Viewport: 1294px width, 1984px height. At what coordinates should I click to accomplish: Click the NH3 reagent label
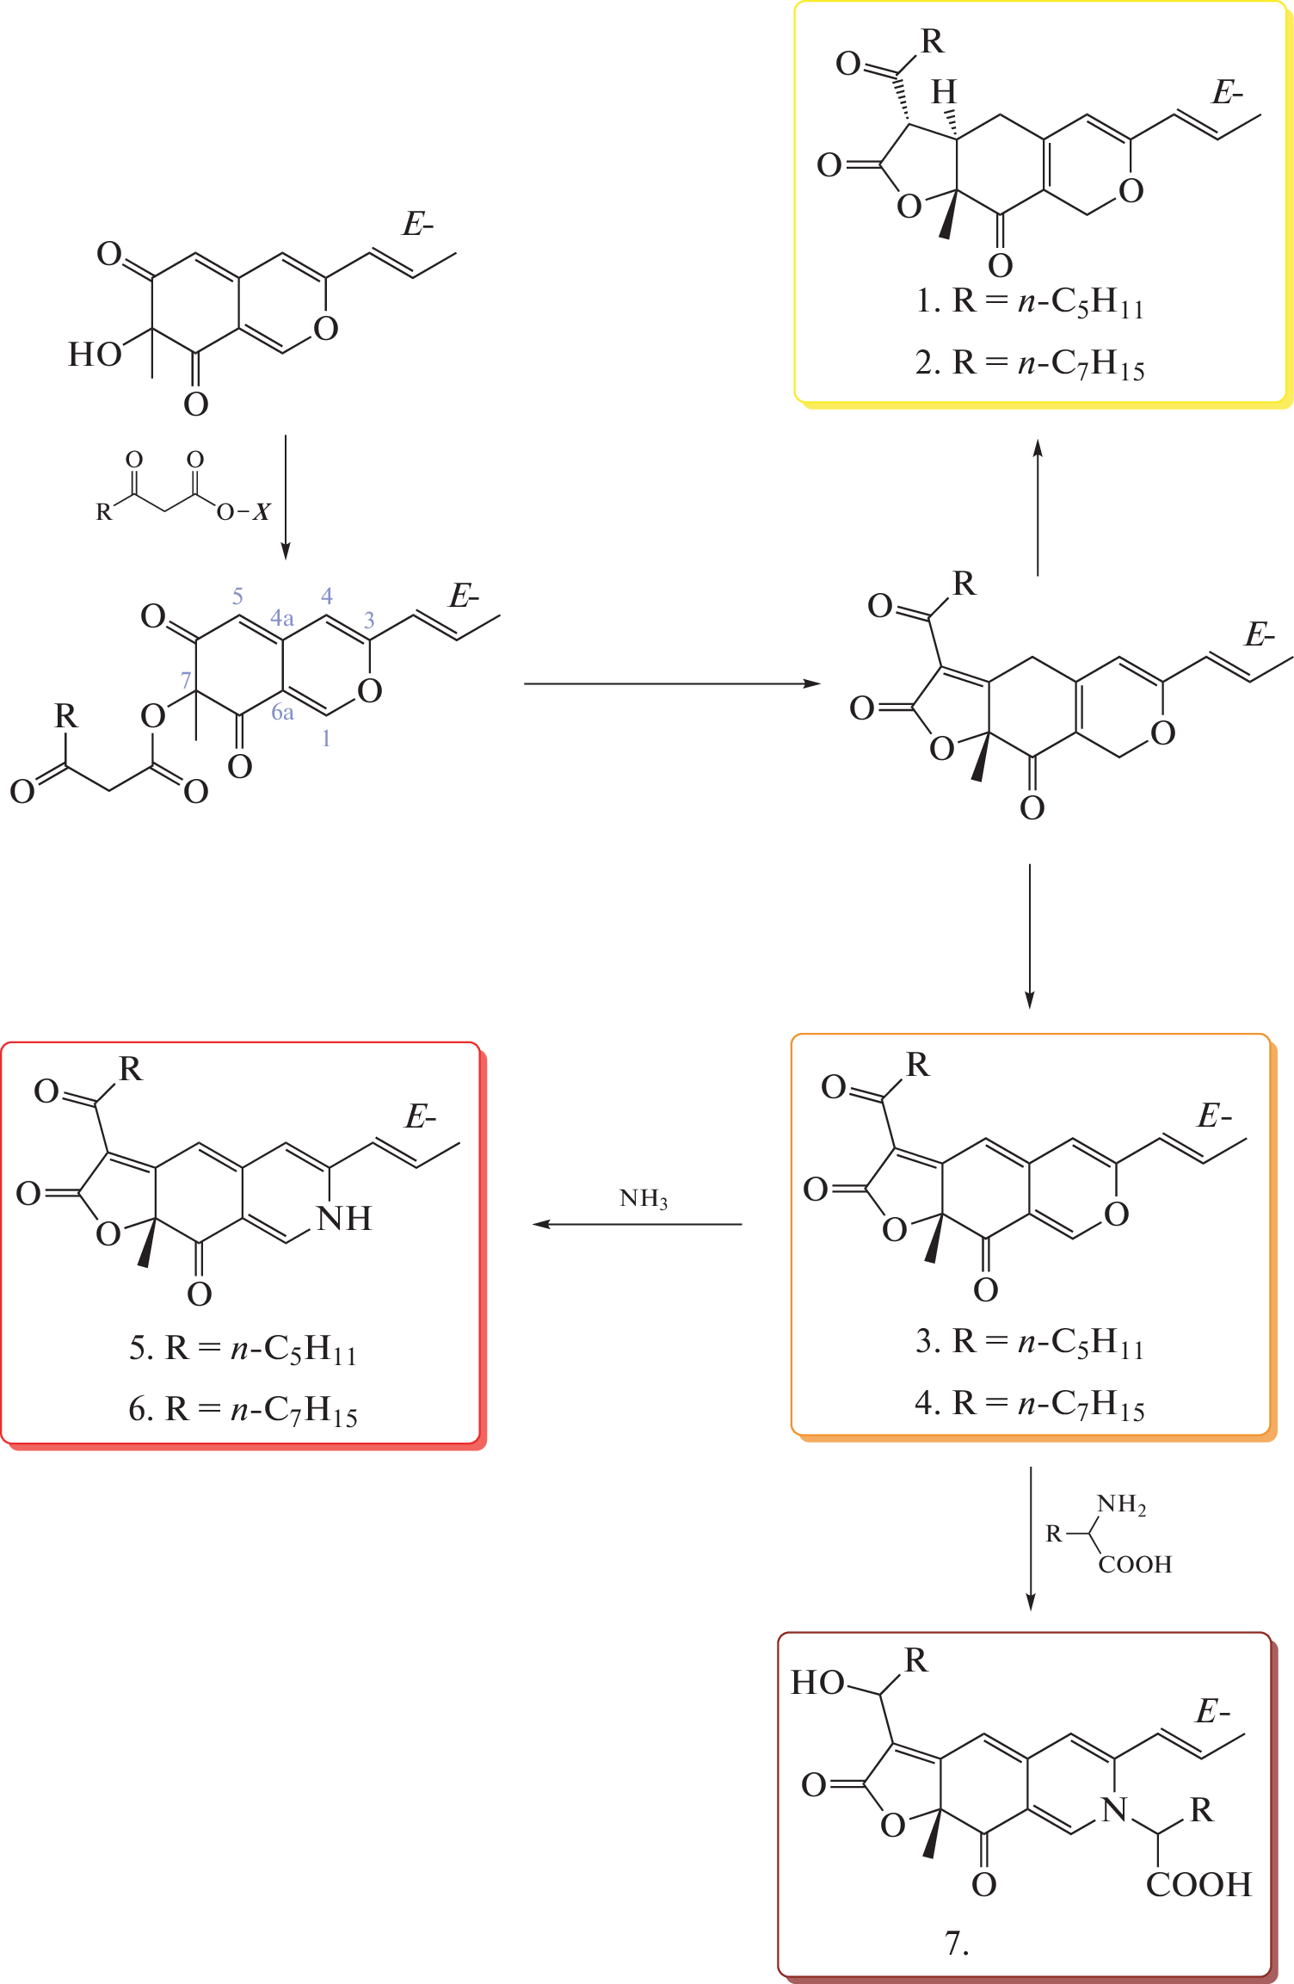click(644, 1199)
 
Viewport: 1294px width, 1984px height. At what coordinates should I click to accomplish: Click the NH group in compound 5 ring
click(344, 1219)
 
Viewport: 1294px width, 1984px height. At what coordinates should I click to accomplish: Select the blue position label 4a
click(282, 617)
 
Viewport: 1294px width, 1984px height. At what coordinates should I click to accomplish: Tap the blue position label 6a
click(282, 712)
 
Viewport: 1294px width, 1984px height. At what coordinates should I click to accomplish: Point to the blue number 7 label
click(185, 680)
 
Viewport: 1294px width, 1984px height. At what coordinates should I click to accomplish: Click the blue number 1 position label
click(326, 739)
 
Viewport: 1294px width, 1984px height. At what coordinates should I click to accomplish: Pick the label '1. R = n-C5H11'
click(1030, 302)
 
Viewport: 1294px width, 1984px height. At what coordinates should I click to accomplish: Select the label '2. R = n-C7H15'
click(1030, 363)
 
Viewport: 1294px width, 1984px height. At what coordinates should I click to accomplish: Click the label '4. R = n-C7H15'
click(1030, 1404)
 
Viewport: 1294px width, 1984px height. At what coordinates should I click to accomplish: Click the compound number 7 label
click(957, 1943)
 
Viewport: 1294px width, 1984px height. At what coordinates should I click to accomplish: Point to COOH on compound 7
click(1198, 1884)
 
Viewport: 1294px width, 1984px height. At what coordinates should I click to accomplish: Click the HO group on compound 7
click(817, 1683)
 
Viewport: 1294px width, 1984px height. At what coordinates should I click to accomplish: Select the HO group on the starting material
click(95, 354)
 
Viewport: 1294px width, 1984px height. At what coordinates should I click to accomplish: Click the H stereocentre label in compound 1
click(944, 92)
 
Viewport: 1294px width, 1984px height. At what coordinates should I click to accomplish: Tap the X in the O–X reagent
click(262, 512)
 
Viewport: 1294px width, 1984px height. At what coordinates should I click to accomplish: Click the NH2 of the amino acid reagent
click(1121, 1505)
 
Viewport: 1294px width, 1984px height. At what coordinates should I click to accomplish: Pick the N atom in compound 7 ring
click(1114, 1810)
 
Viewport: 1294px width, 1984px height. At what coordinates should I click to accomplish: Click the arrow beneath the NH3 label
click(637, 1224)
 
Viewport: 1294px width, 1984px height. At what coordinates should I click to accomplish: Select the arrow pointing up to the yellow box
click(1038, 508)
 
